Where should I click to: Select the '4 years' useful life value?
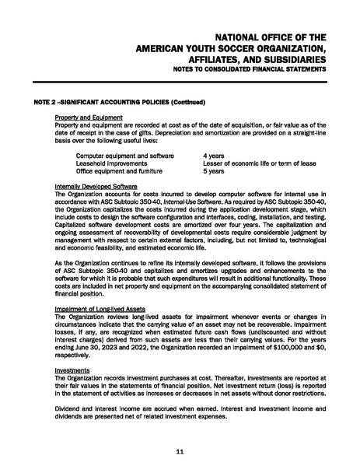tap(215, 156)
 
